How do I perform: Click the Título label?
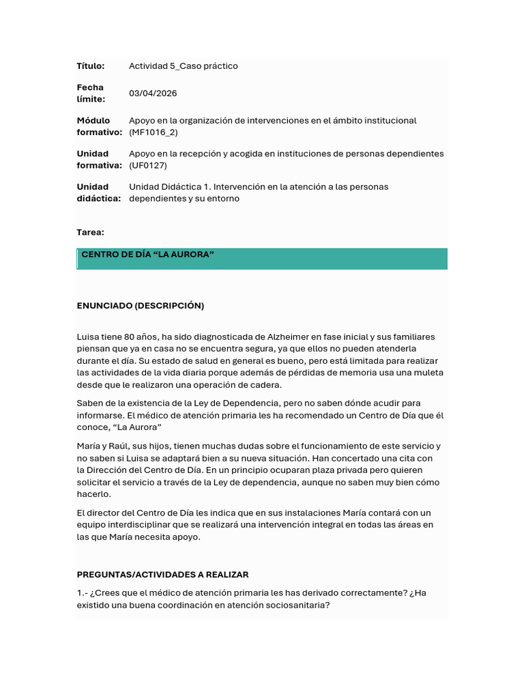(x=91, y=66)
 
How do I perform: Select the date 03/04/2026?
(x=153, y=93)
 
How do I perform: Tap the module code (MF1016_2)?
(x=154, y=132)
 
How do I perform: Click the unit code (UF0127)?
(x=148, y=165)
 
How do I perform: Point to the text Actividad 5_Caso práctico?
(x=184, y=66)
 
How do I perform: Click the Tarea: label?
(x=91, y=232)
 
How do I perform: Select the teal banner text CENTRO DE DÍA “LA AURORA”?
(x=148, y=255)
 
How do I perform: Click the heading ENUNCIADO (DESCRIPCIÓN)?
(x=141, y=305)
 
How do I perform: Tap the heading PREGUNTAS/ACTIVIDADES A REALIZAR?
(x=163, y=575)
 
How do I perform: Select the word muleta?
(x=428, y=373)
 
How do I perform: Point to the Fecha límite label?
(x=91, y=94)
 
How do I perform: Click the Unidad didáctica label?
(x=99, y=192)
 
